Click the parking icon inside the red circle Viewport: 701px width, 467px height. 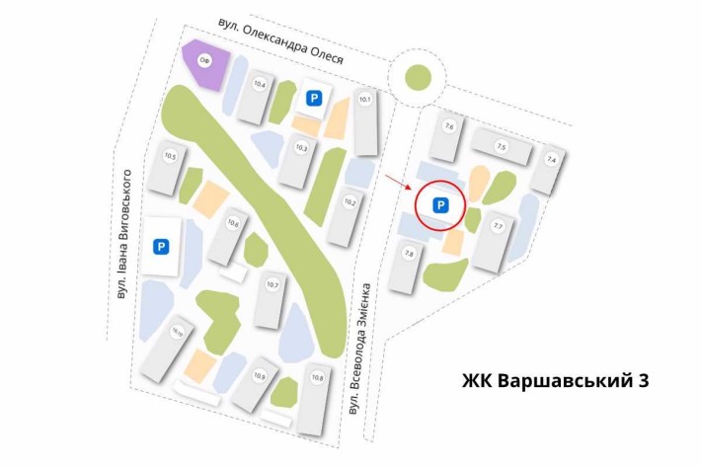[x=441, y=205]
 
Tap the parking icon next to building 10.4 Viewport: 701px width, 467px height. [x=314, y=98]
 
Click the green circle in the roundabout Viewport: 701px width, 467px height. [x=418, y=78]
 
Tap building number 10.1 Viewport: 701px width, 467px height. [x=365, y=99]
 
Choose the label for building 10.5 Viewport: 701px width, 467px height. [x=170, y=156]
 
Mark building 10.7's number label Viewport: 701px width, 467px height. [x=273, y=285]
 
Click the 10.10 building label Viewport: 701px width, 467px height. [x=178, y=333]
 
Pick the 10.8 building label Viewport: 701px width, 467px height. [x=317, y=378]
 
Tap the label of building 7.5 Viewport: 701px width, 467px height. [x=501, y=147]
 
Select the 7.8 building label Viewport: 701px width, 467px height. [x=409, y=254]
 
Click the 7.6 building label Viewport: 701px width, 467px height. [x=449, y=126]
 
